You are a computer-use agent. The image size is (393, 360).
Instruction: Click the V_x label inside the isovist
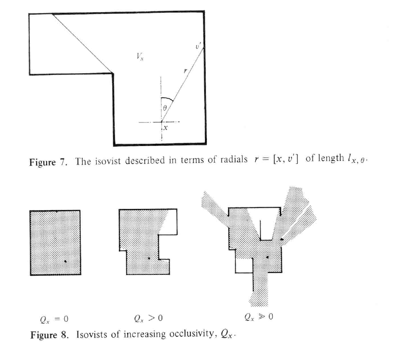click(x=140, y=57)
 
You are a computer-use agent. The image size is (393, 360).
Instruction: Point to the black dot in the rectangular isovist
click(x=65, y=262)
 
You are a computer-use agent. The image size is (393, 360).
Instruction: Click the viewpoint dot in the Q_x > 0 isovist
click(x=149, y=257)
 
